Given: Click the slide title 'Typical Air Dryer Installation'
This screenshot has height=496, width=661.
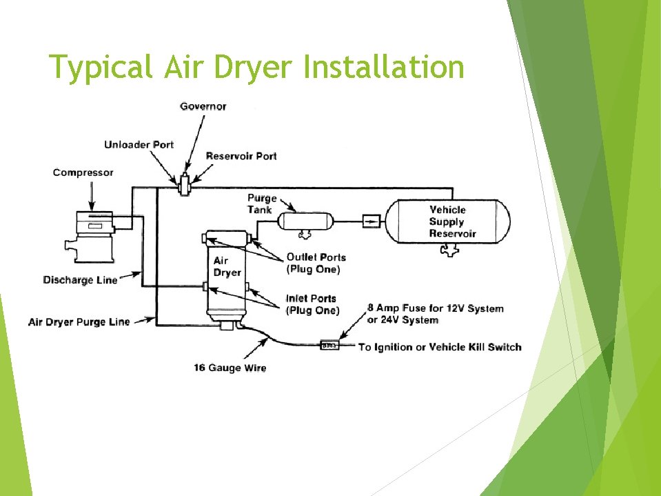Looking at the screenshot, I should (x=257, y=68).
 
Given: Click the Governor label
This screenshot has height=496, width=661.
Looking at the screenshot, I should (x=203, y=106).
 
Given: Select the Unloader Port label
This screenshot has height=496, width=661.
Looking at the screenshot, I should (x=139, y=145).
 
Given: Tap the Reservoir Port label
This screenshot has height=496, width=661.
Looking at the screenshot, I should (x=241, y=156).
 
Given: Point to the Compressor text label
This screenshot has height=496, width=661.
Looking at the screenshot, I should (x=83, y=172).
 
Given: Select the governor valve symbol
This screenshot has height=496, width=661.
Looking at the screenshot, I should (x=185, y=184).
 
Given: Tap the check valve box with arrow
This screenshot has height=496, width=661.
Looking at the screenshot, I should (x=371, y=221).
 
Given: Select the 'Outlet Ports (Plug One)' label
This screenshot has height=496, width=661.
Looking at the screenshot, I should (x=316, y=263).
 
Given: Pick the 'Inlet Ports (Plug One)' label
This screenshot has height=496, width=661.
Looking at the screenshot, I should (x=312, y=304).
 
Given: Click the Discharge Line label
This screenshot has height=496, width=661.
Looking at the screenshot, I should (x=80, y=280).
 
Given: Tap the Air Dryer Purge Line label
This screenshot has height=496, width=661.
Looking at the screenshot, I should (x=79, y=322).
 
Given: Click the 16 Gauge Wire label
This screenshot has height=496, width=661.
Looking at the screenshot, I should (x=230, y=368).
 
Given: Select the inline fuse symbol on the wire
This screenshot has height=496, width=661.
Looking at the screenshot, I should (x=329, y=344).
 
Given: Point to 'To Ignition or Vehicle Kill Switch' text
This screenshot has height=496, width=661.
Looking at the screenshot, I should (x=440, y=347).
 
